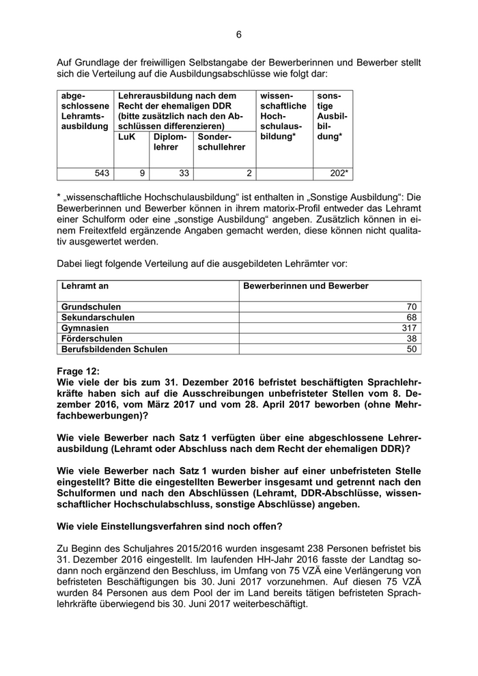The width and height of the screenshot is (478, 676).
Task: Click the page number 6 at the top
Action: coord(239,35)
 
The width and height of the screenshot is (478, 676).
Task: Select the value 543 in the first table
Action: coord(102,174)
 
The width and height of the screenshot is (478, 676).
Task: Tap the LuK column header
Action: coord(127,137)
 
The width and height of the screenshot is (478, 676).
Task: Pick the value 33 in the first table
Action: coord(184,174)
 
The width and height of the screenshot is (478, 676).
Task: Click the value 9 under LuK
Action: coord(142,174)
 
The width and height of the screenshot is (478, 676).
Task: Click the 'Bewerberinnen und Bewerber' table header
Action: coord(306,286)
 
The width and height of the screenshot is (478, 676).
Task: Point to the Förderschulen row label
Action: coord(92,338)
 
